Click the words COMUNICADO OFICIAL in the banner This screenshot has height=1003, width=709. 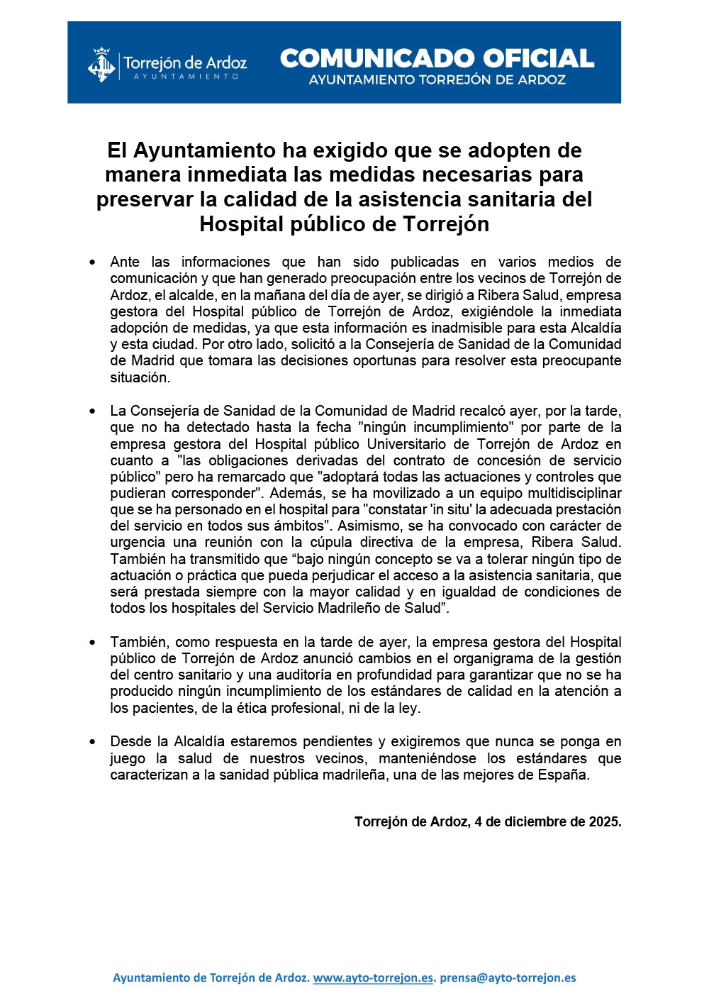click(437, 58)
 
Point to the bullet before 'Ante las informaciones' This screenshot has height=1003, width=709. click(93, 262)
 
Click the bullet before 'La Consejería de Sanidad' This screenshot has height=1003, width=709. click(93, 411)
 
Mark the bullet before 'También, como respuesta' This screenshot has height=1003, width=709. click(93, 643)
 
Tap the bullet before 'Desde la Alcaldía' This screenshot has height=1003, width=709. click(93, 742)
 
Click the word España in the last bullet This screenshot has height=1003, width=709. click(565, 775)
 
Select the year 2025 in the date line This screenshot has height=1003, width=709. click(604, 822)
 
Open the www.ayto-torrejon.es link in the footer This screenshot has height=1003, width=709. click(373, 977)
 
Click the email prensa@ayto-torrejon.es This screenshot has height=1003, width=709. click(508, 977)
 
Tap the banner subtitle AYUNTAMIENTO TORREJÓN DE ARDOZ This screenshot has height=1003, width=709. click(437, 80)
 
